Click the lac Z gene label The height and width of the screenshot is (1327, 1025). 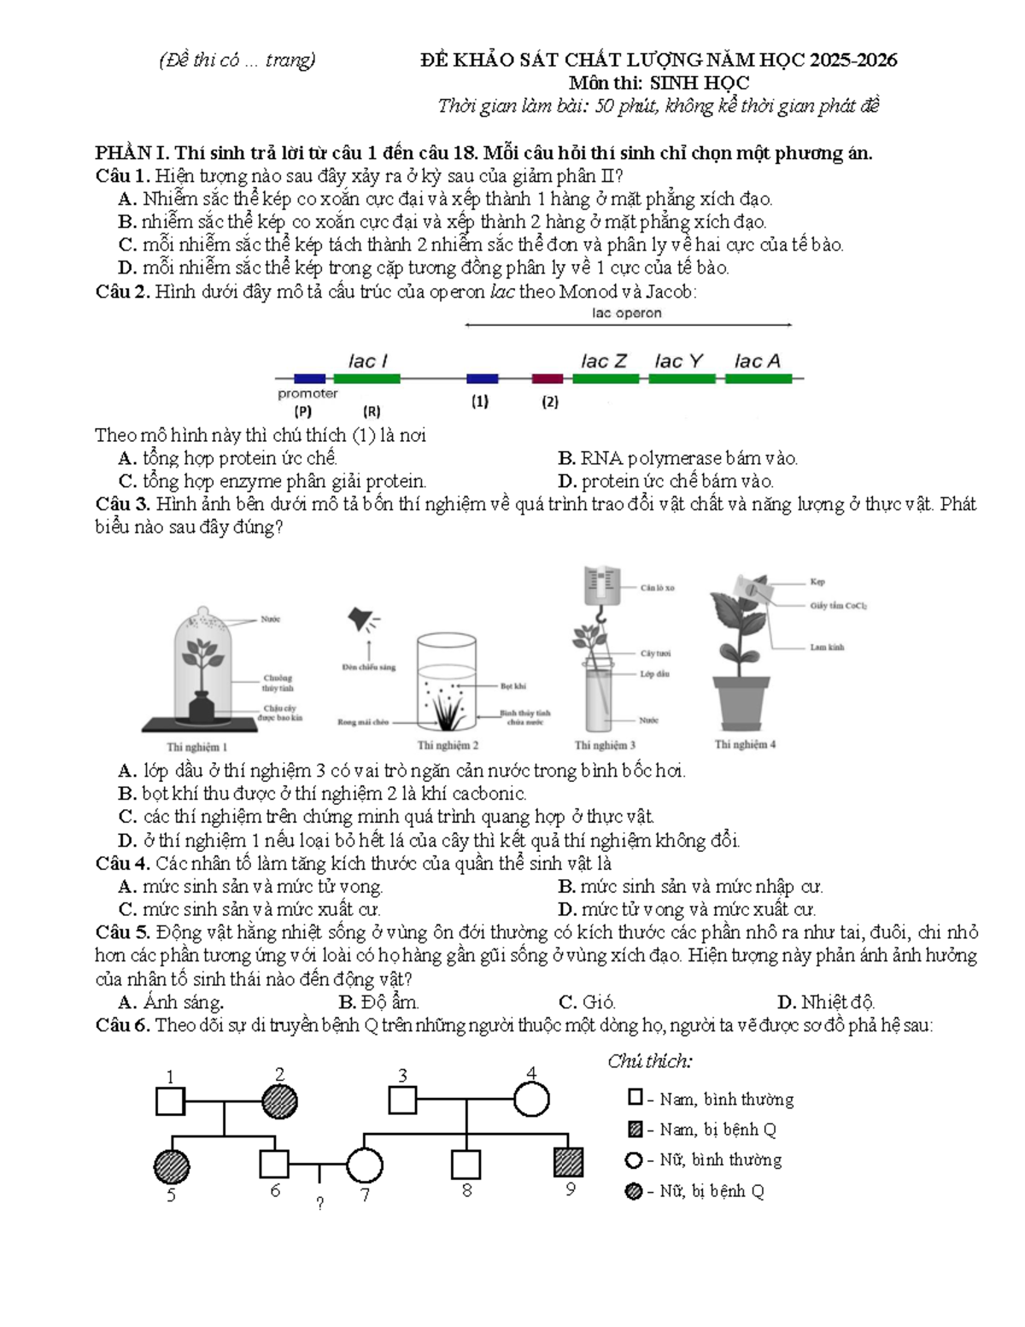(x=603, y=361)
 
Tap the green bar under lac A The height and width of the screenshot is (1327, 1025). (x=758, y=379)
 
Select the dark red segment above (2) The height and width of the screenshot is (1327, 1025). (x=547, y=379)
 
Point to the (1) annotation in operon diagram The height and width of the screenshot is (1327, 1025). (x=480, y=402)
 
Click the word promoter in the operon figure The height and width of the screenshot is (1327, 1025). (x=307, y=394)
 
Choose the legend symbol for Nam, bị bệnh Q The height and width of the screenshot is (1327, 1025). (x=635, y=1129)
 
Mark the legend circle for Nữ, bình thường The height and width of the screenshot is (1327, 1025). (x=635, y=1160)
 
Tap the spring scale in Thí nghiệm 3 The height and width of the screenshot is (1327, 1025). (x=602, y=586)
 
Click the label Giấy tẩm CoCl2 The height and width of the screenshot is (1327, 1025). (x=838, y=606)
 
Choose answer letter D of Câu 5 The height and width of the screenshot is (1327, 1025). (x=786, y=1002)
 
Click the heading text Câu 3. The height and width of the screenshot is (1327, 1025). (x=123, y=504)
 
